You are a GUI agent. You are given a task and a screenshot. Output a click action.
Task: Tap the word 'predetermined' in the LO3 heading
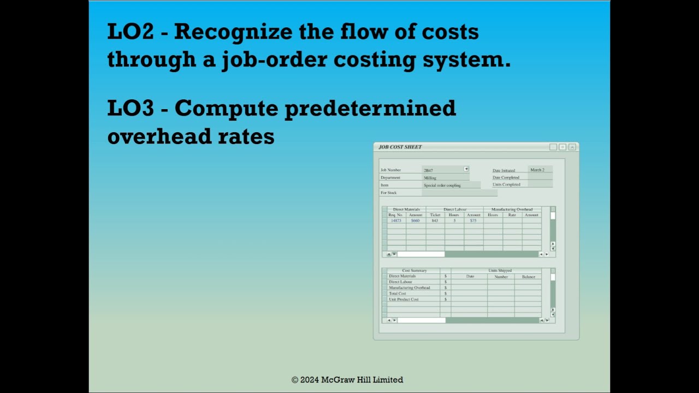tap(370, 108)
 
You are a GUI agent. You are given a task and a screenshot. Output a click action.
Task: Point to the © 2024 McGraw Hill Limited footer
tap(347, 379)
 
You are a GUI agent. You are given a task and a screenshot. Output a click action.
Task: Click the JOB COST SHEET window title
tap(400, 147)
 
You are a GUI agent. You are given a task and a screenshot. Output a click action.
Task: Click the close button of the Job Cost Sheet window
tap(572, 147)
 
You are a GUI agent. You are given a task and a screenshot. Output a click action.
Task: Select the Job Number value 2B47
tap(429, 170)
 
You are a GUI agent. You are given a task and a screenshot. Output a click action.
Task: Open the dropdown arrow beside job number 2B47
tap(466, 169)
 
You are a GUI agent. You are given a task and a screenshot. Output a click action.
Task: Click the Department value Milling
tap(430, 178)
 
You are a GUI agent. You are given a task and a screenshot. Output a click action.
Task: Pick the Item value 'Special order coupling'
tap(442, 186)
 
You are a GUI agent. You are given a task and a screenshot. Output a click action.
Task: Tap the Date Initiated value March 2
tap(537, 170)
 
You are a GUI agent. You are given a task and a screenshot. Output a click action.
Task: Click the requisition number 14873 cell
tap(396, 221)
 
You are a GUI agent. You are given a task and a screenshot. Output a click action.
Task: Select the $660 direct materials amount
tap(416, 221)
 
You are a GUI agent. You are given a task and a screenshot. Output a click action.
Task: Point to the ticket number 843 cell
tap(435, 221)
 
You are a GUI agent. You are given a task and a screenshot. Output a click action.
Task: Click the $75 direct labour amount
tap(473, 221)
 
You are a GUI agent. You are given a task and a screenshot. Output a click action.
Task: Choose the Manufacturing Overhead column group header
tap(512, 209)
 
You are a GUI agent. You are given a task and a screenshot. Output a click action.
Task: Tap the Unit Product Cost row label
tap(404, 299)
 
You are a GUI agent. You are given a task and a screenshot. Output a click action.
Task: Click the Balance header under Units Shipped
tap(528, 277)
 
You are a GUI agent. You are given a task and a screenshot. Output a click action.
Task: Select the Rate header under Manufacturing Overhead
tap(512, 215)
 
